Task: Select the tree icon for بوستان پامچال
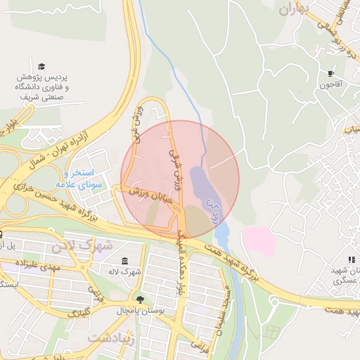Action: click(x=139, y=297)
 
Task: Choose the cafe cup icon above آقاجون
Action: click(x=330, y=73)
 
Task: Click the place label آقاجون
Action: click(x=330, y=84)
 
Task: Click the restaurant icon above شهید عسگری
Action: click(x=351, y=259)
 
